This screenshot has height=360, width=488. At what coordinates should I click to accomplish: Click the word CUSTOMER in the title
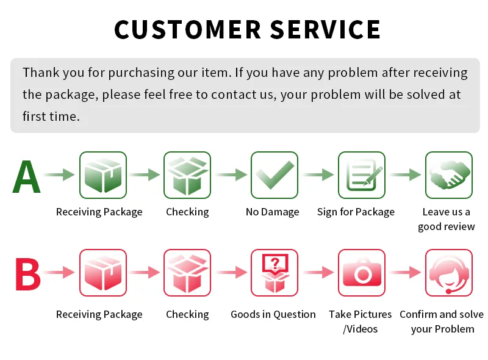[x=188, y=29]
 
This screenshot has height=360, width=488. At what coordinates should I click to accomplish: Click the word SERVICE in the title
[x=325, y=29]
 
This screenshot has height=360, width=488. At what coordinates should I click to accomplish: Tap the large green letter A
[x=26, y=176]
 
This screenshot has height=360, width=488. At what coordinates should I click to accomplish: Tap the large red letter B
[x=27, y=274]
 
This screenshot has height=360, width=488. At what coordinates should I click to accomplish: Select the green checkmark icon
[x=274, y=175]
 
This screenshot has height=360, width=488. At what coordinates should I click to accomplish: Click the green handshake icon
[x=449, y=175]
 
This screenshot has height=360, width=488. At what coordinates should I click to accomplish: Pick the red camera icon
[x=362, y=273]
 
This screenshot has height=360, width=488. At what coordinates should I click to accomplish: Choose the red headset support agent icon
[x=449, y=273]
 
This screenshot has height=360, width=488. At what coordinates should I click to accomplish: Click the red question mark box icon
[x=274, y=273]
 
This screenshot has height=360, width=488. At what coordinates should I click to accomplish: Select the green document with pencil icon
[x=362, y=175]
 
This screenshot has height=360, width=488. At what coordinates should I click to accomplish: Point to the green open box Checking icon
[x=187, y=175]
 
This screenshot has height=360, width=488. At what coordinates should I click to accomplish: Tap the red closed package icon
[x=103, y=273]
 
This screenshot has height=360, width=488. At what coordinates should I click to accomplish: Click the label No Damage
[x=272, y=212]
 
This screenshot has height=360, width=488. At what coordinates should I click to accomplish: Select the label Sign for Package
[x=356, y=212]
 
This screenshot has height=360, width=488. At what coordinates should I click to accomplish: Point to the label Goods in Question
[x=273, y=314]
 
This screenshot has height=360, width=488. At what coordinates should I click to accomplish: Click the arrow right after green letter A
[x=59, y=175]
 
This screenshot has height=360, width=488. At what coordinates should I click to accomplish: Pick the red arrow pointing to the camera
[x=318, y=272]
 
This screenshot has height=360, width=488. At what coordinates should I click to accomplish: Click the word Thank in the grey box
[x=41, y=73]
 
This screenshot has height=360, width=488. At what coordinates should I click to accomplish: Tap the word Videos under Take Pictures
[x=362, y=329]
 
